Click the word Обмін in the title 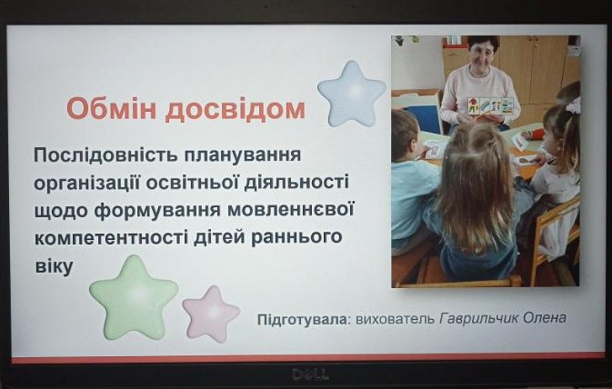point(112,108)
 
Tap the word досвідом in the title point(235,110)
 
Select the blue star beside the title point(352,94)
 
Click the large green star point(134,297)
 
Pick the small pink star point(211,314)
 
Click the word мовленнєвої point(291,210)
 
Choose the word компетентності point(112,237)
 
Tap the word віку point(55,266)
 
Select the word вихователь point(395,319)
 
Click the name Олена point(545,317)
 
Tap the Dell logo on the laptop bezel point(311,374)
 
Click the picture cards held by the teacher point(490,106)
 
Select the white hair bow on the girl point(574,105)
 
